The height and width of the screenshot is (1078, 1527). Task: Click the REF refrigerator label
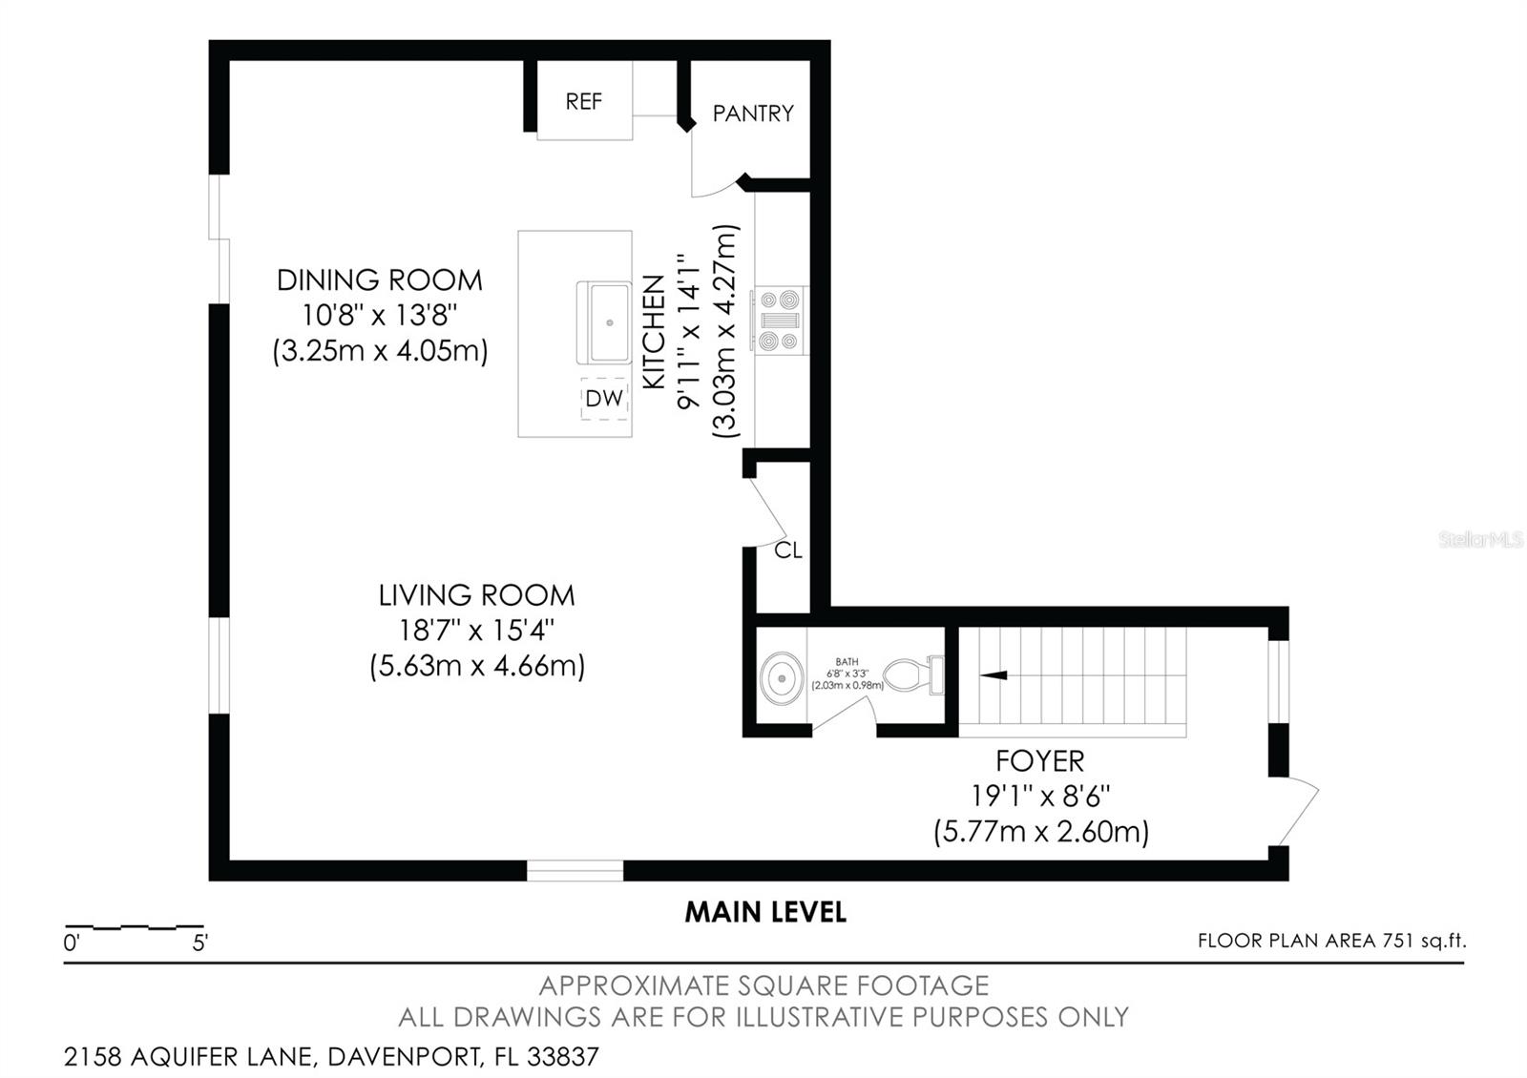583,101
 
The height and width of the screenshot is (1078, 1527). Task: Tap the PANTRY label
753,114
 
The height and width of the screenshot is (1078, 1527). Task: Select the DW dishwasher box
604,399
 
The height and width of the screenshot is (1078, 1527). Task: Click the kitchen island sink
604,322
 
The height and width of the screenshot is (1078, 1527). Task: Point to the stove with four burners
780,320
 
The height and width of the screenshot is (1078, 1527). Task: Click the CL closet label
788,550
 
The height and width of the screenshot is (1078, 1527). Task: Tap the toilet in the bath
911,675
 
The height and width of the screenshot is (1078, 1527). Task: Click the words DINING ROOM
379,280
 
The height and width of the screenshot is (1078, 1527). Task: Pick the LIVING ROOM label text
476,595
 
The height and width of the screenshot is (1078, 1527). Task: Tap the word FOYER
1039,761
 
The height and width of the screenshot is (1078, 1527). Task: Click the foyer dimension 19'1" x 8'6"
1040,796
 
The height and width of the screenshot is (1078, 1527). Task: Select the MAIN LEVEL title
764,912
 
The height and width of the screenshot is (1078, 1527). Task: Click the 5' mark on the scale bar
200,943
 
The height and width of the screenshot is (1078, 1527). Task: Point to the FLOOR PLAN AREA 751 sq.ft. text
1331,941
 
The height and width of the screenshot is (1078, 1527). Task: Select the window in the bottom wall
575,870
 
